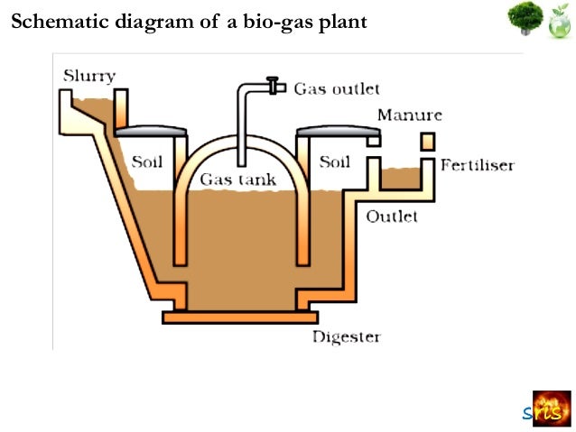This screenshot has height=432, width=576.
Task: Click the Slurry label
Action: tap(88, 76)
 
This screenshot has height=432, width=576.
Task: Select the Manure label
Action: tap(409, 115)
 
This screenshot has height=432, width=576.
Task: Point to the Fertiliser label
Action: tap(478, 165)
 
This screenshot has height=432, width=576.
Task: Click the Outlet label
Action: tap(392, 216)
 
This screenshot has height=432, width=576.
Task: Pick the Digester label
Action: tap(347, 337)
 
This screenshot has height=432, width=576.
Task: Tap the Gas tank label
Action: tap(238, 179)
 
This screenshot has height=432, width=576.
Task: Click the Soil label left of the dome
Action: tap(148, 162)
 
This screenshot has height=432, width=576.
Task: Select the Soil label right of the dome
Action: tap(334, 162)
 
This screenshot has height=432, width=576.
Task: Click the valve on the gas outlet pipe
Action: tap(271, 87)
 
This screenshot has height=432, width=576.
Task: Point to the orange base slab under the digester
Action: tap(240, 317)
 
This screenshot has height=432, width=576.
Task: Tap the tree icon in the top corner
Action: tap(524, 20)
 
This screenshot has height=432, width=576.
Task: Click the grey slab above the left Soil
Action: tap(151, 130)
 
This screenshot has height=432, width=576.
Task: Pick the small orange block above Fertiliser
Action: tap(427, 142)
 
